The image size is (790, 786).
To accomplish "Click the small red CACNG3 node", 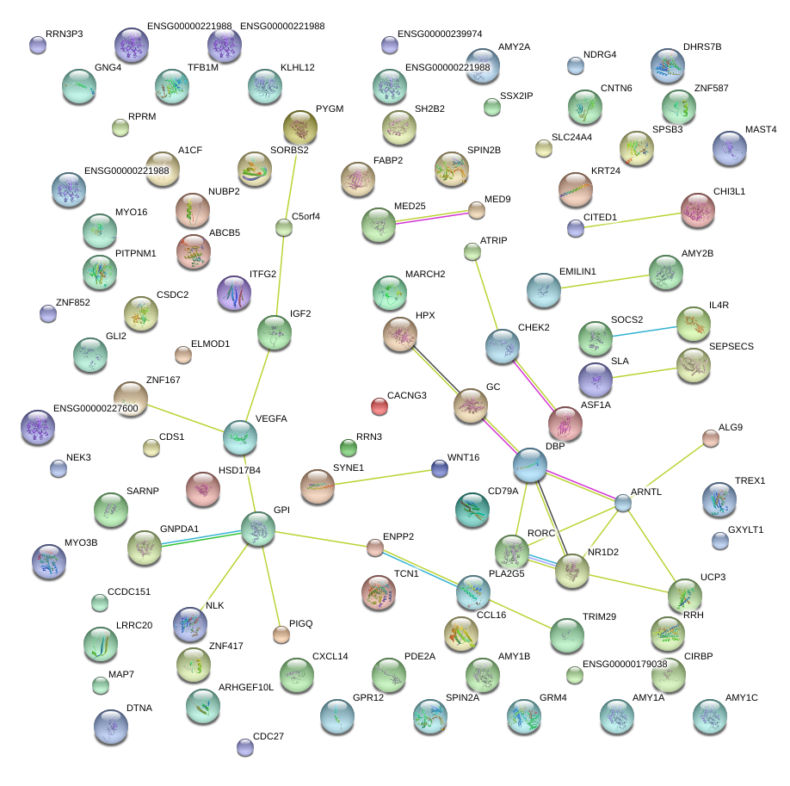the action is point(380,405).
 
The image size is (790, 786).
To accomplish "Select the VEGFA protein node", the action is point(240,437).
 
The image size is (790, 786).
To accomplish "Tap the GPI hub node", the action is point(258,529).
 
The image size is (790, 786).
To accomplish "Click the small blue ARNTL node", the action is point(623,503).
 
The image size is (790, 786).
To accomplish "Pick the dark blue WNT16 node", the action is point(440,468).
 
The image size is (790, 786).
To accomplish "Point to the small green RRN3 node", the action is point(349,447).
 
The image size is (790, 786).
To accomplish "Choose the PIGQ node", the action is point(281,634).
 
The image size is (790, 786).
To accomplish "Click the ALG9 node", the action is point(710,438).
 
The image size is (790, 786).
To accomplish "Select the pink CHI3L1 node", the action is point(698,210).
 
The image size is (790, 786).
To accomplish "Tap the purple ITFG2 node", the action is point(234,293).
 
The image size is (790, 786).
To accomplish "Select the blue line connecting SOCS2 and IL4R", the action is point(645,331).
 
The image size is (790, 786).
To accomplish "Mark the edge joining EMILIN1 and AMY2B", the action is point(605,282).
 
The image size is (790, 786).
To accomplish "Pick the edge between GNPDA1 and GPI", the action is point(201,539).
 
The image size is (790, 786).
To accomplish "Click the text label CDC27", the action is point(268,736).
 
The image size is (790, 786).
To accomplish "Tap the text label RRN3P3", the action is point(65,34).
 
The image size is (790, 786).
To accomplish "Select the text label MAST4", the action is point(761,130).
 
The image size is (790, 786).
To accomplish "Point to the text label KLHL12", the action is point(297,67).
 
